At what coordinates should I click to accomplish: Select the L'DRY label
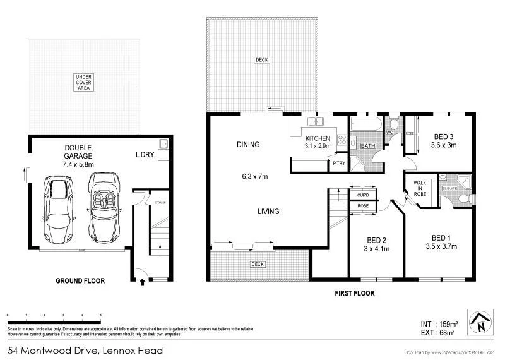point(145,154)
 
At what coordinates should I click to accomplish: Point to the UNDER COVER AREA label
point(83,82)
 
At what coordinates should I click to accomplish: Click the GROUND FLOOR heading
point(80,280)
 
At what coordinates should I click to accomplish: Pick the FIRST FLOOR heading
point(353,293)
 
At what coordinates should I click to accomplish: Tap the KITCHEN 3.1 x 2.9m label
point(318,141)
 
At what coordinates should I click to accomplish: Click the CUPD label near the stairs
point(363,195)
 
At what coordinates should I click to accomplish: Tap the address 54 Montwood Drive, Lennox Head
point(85,350)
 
